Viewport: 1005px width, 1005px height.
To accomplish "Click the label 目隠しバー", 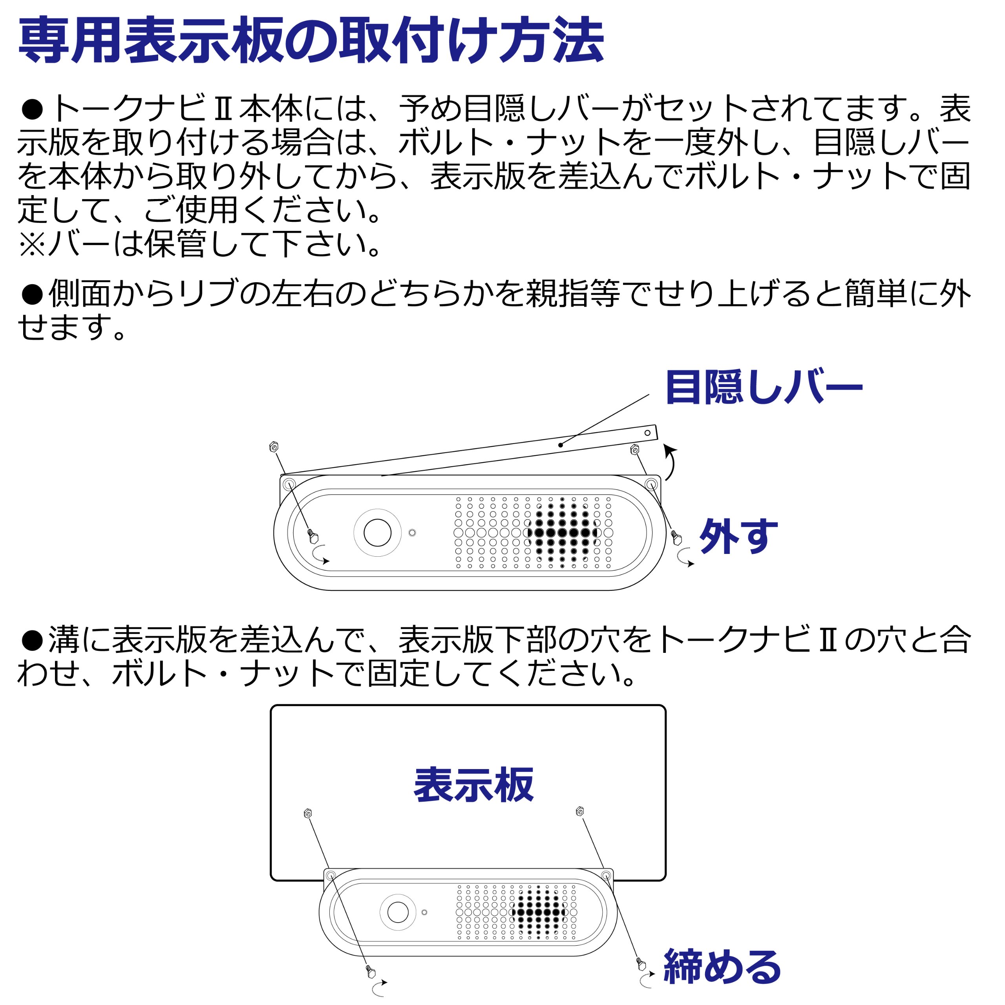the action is [x=764, y=387].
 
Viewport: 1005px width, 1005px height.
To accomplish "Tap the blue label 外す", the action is [x=739, y=536].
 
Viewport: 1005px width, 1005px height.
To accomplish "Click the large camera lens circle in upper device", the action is [x=377, y=533].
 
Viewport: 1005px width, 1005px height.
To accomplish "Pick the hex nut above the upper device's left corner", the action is [x=274, y=446].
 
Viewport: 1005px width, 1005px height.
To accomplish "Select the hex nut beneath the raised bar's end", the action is [x=635, y=449].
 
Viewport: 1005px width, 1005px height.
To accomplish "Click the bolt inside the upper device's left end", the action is [x=312, y=536].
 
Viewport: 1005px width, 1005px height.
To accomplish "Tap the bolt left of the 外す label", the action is [x=676, y=538].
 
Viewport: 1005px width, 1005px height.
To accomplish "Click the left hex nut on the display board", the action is [x=307, y=813].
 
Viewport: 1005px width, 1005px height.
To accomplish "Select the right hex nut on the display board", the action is [x=580, y=811].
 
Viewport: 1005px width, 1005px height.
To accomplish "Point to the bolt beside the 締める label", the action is [x=641, y=964].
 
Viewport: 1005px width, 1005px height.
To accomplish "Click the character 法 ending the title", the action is [x=578, y=40].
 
